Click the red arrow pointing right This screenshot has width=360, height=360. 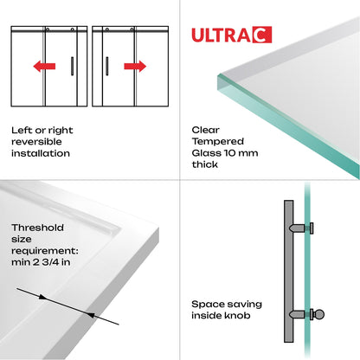[135, 65]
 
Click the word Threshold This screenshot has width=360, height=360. [37, 228]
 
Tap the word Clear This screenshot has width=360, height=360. [205, 130]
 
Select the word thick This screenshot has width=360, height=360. [205, 164]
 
